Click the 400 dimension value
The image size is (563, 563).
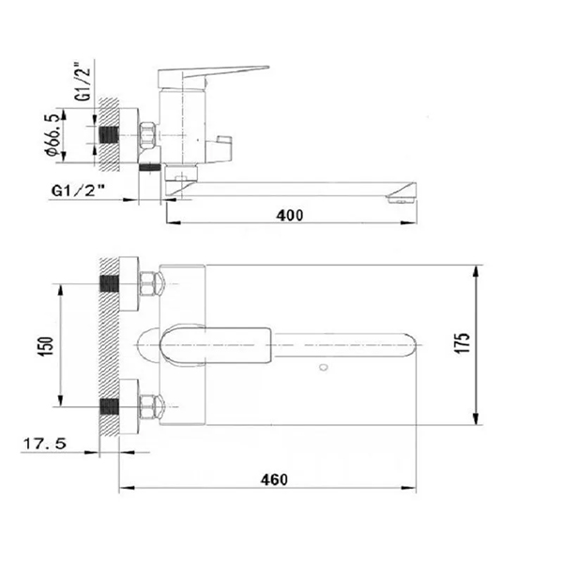pyautogui.click(x=289, y=215)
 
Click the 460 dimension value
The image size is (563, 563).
pyautogui.click(x=274, y=479)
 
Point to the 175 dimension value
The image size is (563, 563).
pyautogui.click(x=463, y=343)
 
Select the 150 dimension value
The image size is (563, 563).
pyautogui.click(x=46, y=346)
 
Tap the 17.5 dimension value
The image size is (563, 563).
pyautogui.click(x=45, y=444)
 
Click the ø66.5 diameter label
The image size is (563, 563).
pyautogui.click(x=52, y=134)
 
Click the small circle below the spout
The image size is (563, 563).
pyautogui.click(x=324, y=367)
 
